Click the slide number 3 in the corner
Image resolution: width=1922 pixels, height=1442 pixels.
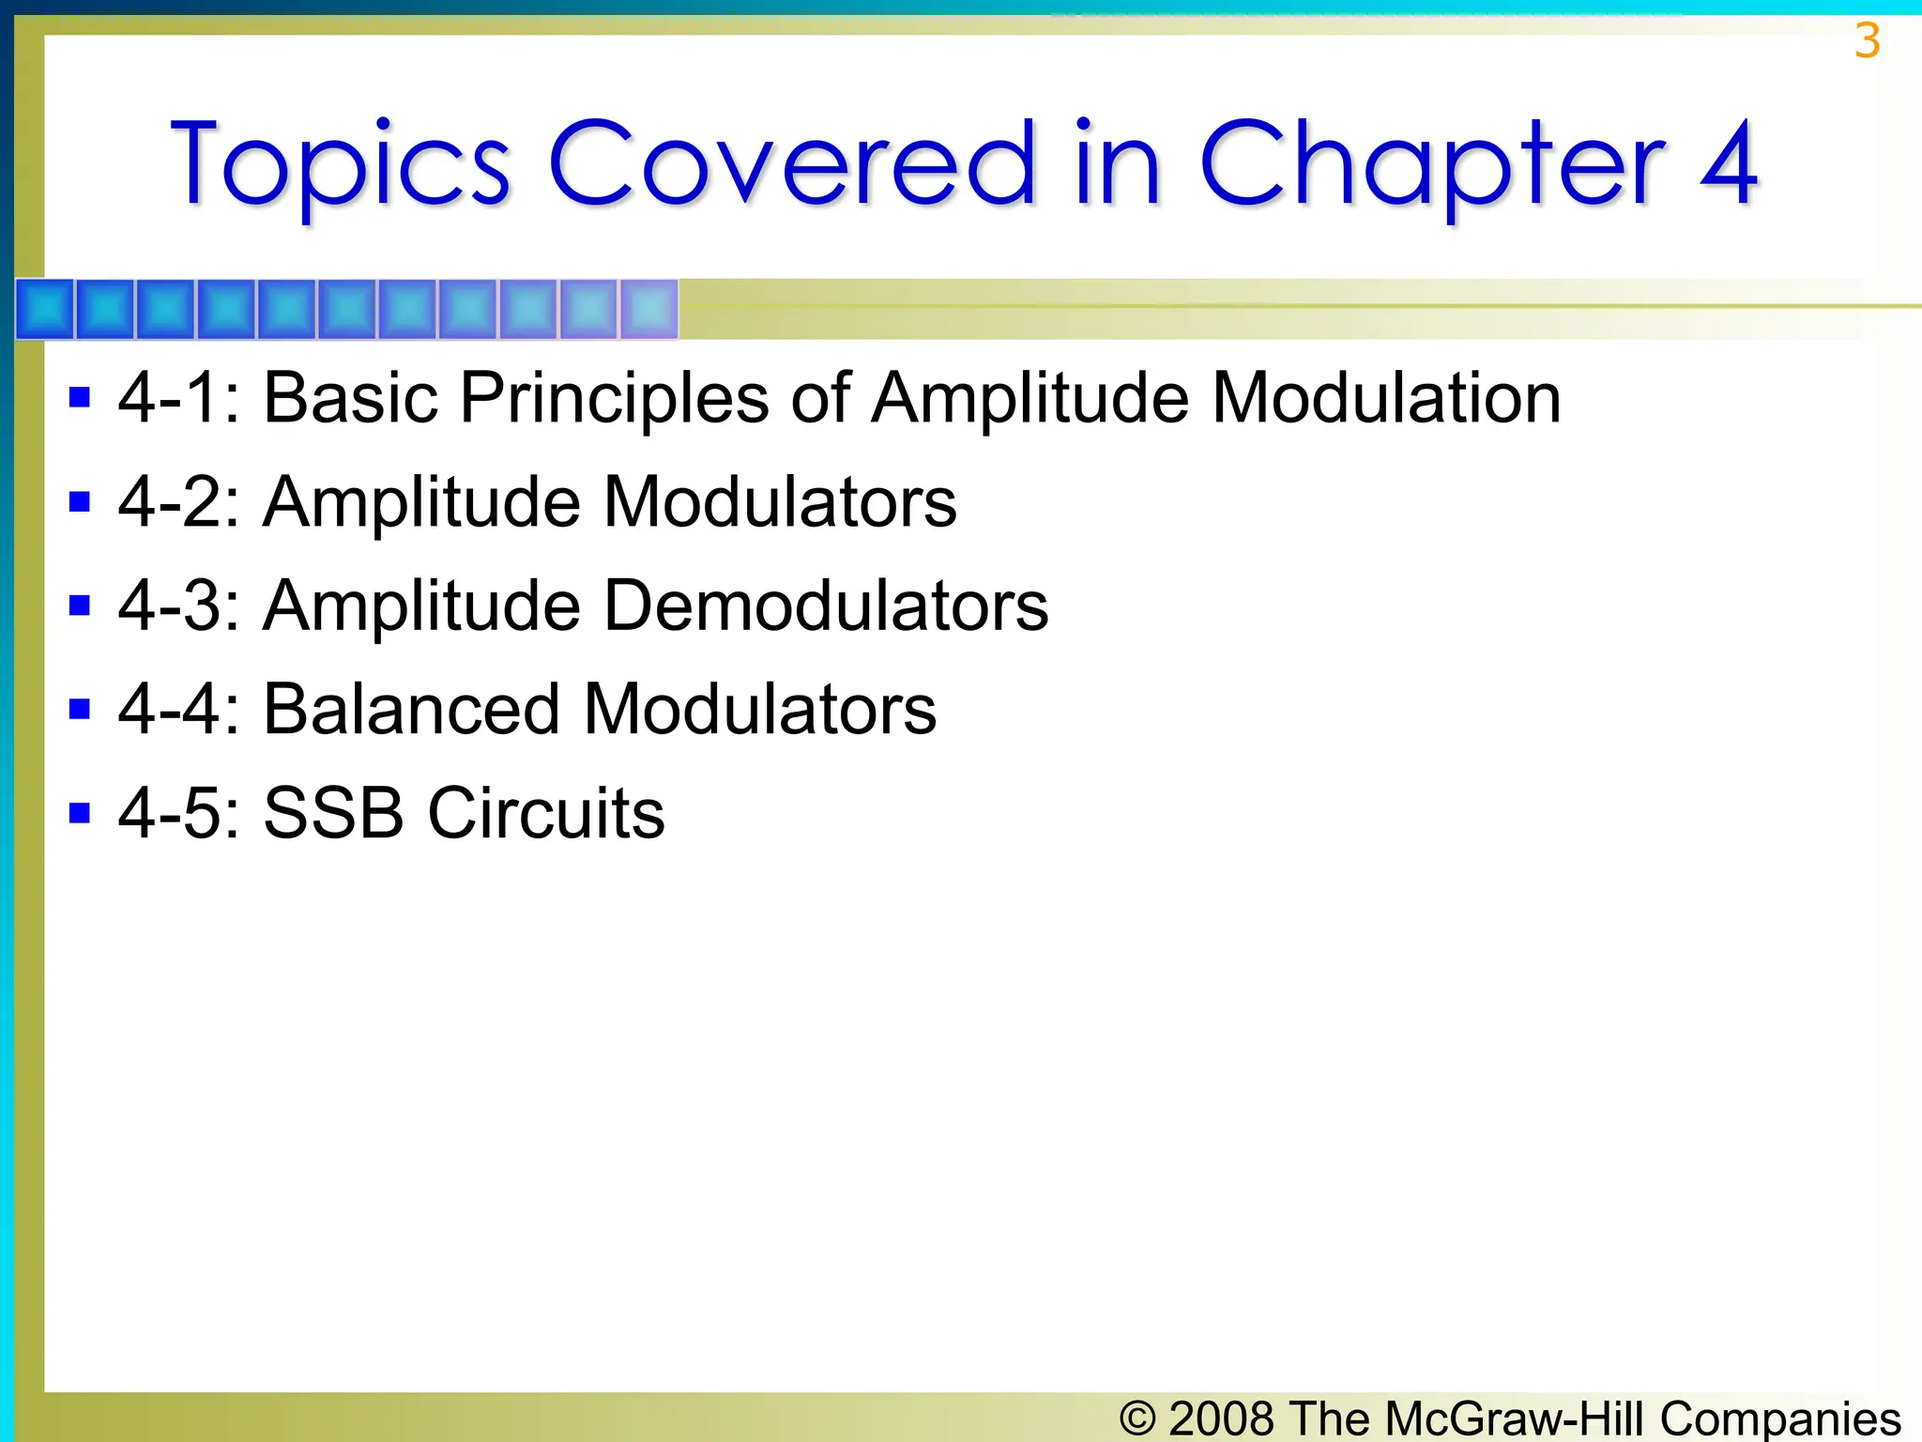tap(1867, 41)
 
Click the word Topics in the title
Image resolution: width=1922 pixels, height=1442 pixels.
tap(340, 165)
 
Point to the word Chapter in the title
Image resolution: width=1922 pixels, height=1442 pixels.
tap(1432, 165)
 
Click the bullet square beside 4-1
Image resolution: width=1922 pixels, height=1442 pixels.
tap(80, 398)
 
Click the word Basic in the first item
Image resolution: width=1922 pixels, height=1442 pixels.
tap(351, 398)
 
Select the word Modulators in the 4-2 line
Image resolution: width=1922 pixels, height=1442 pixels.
tap(779, 502)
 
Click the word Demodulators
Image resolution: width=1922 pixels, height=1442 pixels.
tap(825, 606)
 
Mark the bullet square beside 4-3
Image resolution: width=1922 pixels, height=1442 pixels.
tap(80, 606)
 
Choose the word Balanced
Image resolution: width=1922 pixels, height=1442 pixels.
tap(411, 709)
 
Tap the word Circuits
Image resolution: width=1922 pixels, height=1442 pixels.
tap(546, 813)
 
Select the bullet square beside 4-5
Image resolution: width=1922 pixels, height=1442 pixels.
tap(80, 813)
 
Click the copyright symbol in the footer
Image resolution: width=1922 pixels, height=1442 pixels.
tap(1137, 1418)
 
